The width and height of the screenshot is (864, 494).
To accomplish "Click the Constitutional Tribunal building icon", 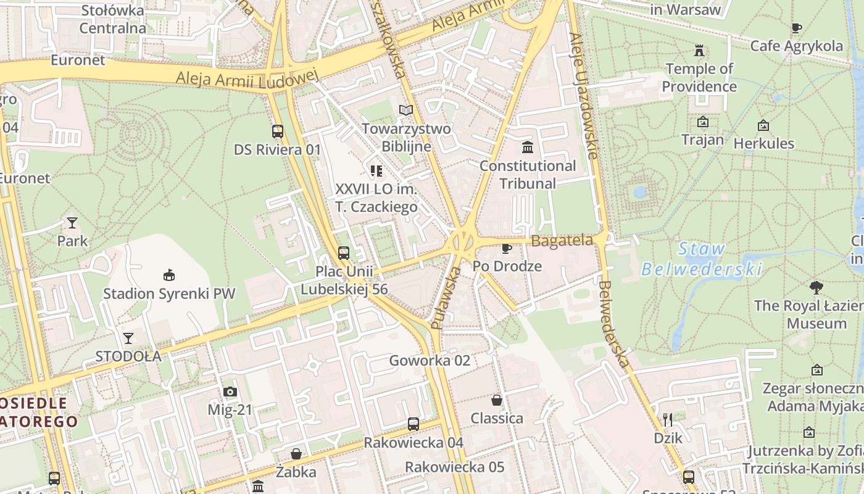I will click(528, 148).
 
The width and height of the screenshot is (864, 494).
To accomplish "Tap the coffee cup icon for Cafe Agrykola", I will click(797, 28).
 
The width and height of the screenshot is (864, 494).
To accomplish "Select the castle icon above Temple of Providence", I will click(699, 50).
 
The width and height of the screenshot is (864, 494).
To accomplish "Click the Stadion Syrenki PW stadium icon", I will click(168, 275).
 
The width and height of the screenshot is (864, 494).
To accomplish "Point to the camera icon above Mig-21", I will click(230, 391).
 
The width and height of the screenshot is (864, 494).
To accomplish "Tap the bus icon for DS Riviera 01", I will click(278, 131).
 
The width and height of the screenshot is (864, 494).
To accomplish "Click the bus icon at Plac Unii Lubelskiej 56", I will click(344, 253).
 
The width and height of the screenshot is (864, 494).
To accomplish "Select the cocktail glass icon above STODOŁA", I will click(128, 338).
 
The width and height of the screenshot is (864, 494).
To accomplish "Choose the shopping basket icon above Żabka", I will click(296, 454).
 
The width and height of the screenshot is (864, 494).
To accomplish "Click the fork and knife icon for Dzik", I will click(667, 420).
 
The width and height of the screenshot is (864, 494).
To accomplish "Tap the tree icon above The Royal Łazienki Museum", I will click(816, 287).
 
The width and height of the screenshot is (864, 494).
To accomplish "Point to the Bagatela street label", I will click(562, 241).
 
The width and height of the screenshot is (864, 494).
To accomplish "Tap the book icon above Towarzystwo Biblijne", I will click(405, 110).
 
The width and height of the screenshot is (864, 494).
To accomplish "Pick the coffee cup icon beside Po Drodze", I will click(507, 248).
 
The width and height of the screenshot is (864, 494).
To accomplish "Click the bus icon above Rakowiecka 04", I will click(413, 424).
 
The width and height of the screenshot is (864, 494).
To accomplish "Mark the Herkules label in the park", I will click(763, 143).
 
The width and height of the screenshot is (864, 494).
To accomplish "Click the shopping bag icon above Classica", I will click(497, 400).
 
